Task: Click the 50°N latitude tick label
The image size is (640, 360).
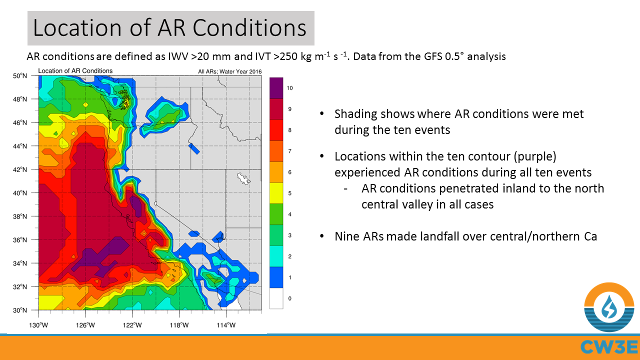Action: (19, 75)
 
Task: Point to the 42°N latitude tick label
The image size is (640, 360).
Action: (19, 169)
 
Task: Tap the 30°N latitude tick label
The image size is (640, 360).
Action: (19, 310)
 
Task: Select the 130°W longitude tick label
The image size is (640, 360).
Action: (38, 325)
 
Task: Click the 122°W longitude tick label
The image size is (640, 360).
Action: (132, 325)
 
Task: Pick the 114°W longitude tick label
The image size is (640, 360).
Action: (226, 325)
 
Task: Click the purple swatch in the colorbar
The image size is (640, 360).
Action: (276, 88)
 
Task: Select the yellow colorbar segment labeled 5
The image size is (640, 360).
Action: (276, 193)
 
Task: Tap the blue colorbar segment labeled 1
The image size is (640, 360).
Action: (276, 277)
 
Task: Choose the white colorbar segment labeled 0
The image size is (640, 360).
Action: (276, 298)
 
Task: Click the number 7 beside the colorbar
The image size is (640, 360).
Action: (289, 151)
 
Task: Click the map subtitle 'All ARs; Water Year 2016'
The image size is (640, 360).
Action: (229, 71)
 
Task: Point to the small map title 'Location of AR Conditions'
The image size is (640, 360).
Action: (75, 71)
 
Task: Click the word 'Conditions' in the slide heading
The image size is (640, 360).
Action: (249, 28)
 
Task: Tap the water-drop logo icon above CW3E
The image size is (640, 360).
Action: (609, 307)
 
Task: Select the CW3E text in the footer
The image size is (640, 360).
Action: (609, 347)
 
